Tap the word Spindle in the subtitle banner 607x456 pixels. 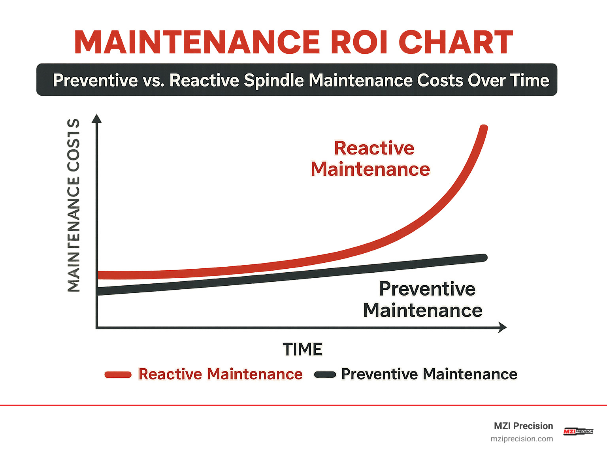[x=273, y=80]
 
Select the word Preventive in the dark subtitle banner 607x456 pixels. [x=95, y=80]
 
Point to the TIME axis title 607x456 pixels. [x=302, y=350]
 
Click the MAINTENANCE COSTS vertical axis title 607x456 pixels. [x=74, y=205]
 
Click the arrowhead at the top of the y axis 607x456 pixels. [x=96, y=119]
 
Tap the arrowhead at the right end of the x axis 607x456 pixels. [x=502, y=327]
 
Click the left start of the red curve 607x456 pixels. [x=100, y=275]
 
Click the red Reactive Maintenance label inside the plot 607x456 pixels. [x=370, y=159]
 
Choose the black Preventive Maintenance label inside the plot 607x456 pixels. [x=423, y=300]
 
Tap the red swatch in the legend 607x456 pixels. [x=118, y=375]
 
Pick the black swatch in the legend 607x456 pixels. [x=325, y=375]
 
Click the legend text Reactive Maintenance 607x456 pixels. [x=220, y=374]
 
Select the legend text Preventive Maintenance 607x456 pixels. [x=429, y=374]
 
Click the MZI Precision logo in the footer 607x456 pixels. [x=578, y=432]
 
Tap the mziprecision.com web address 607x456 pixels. [x=522, y=439]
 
